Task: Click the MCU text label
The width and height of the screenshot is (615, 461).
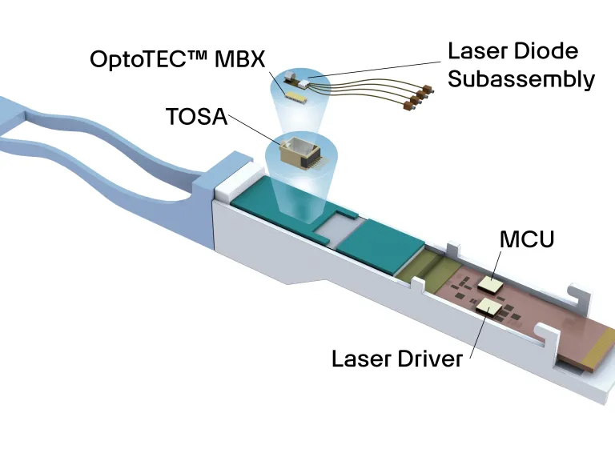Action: (526, 239)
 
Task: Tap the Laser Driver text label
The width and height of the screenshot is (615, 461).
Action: (397, 358)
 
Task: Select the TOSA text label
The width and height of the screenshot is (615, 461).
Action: (197, 116)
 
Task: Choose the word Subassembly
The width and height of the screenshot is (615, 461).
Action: (521, 79)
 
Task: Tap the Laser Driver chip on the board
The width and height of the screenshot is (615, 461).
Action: (487, 307)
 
